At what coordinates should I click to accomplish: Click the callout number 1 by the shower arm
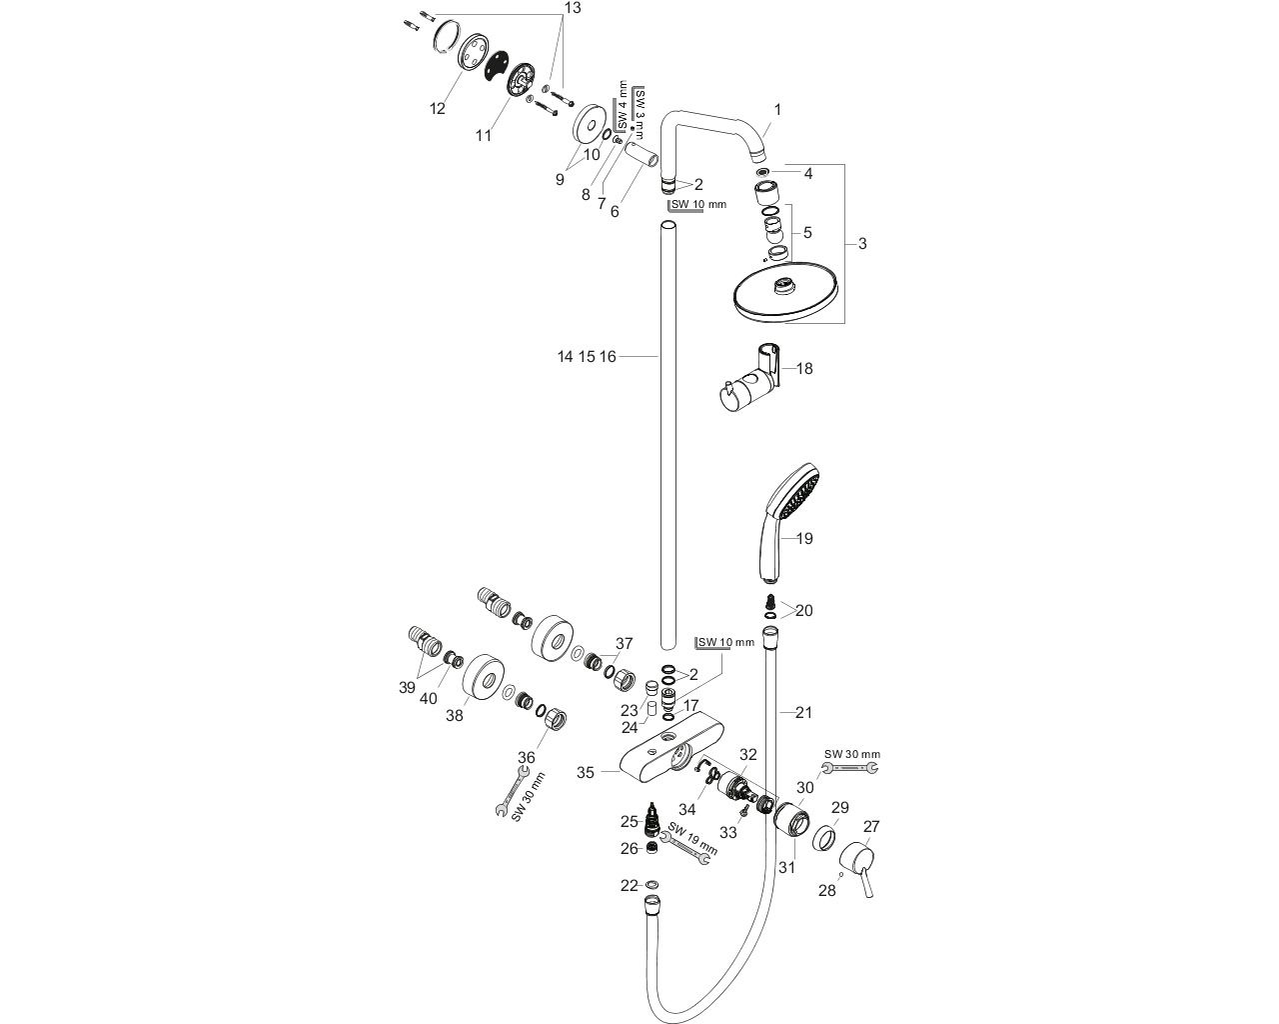(x=777, y=109)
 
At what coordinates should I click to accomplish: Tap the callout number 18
(x=803, y=369)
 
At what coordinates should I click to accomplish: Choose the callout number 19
(x=803, y=539)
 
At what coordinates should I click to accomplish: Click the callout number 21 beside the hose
(x=803, y=713)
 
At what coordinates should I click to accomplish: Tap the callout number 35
(x=586, y=772)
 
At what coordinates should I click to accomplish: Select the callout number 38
(x=455, y=715)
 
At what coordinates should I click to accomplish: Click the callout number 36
(x=528, y=757)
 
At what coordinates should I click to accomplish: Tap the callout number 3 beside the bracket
(x=862, y=244)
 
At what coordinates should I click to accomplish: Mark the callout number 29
(x=839, y=807)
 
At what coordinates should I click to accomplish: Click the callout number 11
(x=484, y=136)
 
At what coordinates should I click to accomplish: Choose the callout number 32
(x=747, y=754)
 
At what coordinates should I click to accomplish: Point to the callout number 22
(x=629, y=885)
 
